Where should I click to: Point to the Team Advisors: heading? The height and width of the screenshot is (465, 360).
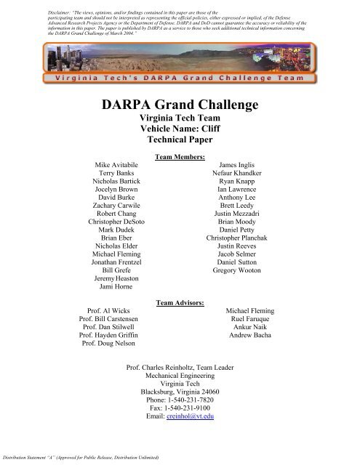pyautogui.click(x=180, y=301)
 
